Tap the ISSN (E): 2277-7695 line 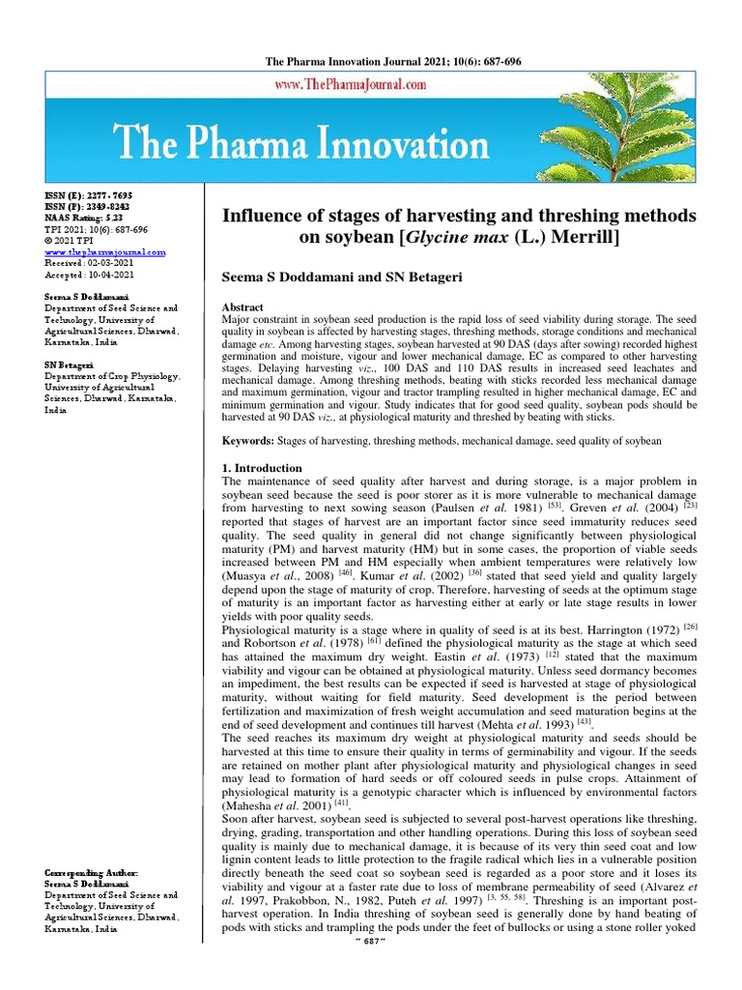click(86, 195)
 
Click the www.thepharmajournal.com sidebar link click(105, 251)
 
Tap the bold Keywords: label click(248, 441)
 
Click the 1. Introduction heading click(263, 468)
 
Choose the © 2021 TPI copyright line click(71, 241)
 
